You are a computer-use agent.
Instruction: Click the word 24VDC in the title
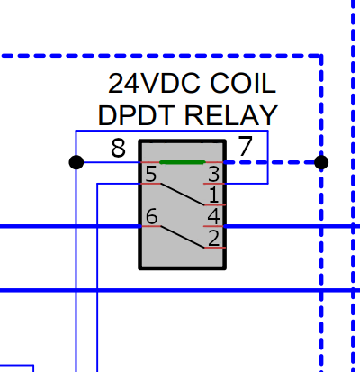pos(154,83)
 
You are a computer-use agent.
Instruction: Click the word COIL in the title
pos(243,83)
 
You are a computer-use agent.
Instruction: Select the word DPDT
pos(137,115)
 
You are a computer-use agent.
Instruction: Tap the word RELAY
pos(231,115)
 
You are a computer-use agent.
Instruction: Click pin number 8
pos(118,148)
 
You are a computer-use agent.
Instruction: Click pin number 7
pos(246,146)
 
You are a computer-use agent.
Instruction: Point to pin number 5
pos(151,174)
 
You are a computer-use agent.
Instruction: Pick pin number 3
pos(213,174)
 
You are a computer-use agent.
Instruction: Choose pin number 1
pos(213,195)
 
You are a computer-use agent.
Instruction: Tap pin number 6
pos(151,216)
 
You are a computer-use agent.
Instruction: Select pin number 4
pos(213,216)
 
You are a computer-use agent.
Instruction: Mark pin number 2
pos(213,238)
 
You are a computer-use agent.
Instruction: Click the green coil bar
pos(183,162)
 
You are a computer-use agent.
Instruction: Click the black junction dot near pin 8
pos(76,162)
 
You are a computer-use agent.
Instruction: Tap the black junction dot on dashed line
pos(321,162)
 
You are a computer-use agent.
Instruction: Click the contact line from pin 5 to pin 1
pos(183,195)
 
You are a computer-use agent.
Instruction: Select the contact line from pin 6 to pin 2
pos(183,237)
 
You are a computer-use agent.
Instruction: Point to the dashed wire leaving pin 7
pos(273,162)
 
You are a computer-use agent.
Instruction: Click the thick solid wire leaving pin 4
pos(292,226)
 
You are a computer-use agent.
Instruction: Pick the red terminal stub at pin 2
pos(214,248)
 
